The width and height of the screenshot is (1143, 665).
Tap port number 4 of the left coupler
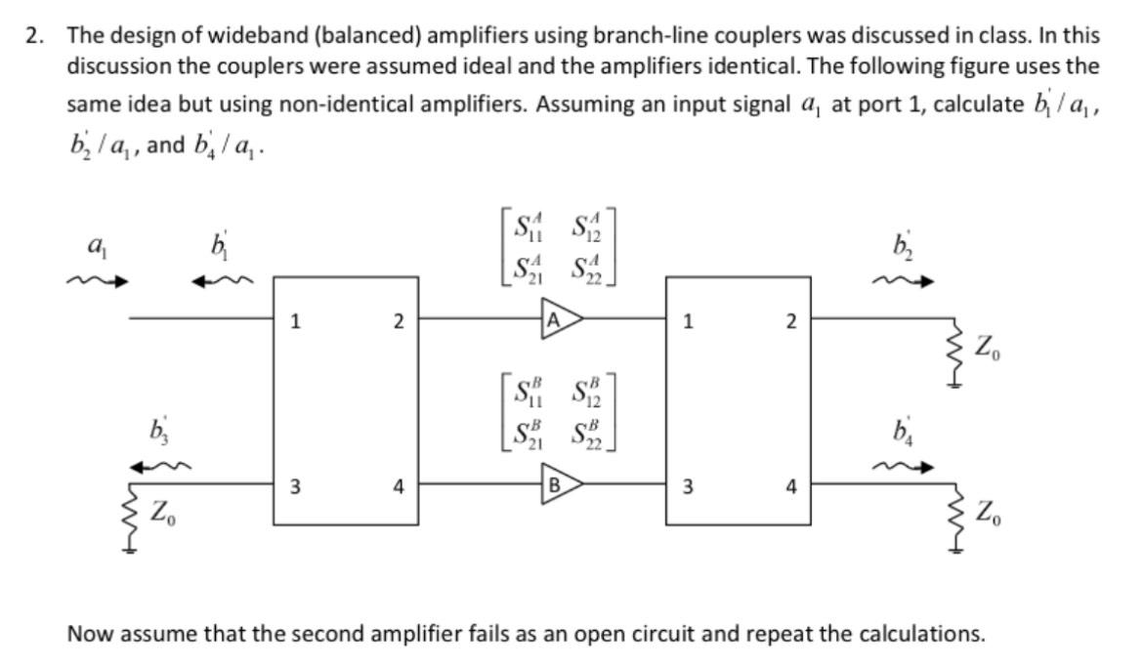click(x=399, y=488)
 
